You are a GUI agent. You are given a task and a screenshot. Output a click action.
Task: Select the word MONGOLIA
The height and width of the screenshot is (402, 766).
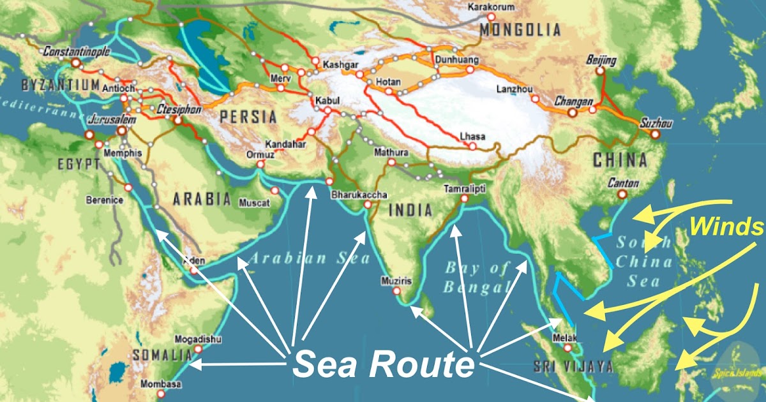[521, 29]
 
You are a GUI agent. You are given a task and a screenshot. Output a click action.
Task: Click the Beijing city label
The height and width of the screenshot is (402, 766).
[601, 61]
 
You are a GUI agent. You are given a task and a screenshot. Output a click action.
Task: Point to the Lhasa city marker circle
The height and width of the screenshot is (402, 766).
[473, 146]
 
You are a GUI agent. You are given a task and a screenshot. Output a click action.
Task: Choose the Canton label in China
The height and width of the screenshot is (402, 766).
[624, 182]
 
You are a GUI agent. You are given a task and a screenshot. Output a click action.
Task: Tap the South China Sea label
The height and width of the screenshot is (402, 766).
[643, 262]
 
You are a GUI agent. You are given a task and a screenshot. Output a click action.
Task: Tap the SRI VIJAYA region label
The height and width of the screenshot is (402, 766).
[573, 366]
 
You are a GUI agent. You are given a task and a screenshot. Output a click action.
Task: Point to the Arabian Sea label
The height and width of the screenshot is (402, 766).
[309, 258]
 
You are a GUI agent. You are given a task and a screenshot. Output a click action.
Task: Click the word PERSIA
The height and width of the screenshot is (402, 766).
[248, 117]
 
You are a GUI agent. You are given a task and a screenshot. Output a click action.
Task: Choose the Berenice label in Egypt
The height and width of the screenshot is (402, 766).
[105, 200]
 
